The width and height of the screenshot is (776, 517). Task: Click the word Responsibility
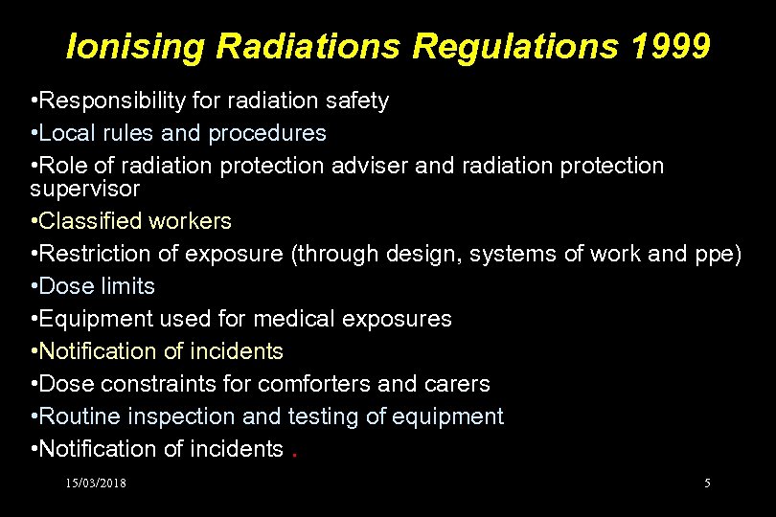click(x=102, y=101)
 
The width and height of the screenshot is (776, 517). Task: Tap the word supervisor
click(x=84, y=189)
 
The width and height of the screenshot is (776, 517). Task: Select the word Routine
click(x=75, y=416)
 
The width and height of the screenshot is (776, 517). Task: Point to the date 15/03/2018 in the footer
click(x=96, y=483)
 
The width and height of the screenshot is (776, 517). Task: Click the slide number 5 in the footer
click(x=707, y=483)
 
